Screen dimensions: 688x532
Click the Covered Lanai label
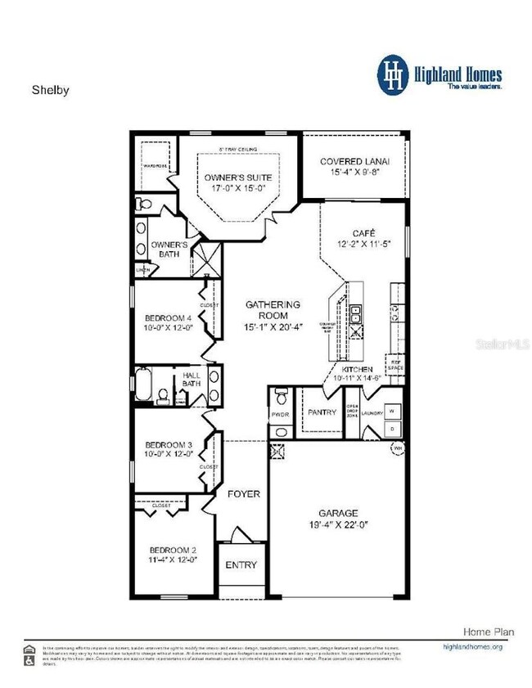pos(354,162)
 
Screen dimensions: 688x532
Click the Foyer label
pos(244,494)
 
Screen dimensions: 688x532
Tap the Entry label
pos(241,564)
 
